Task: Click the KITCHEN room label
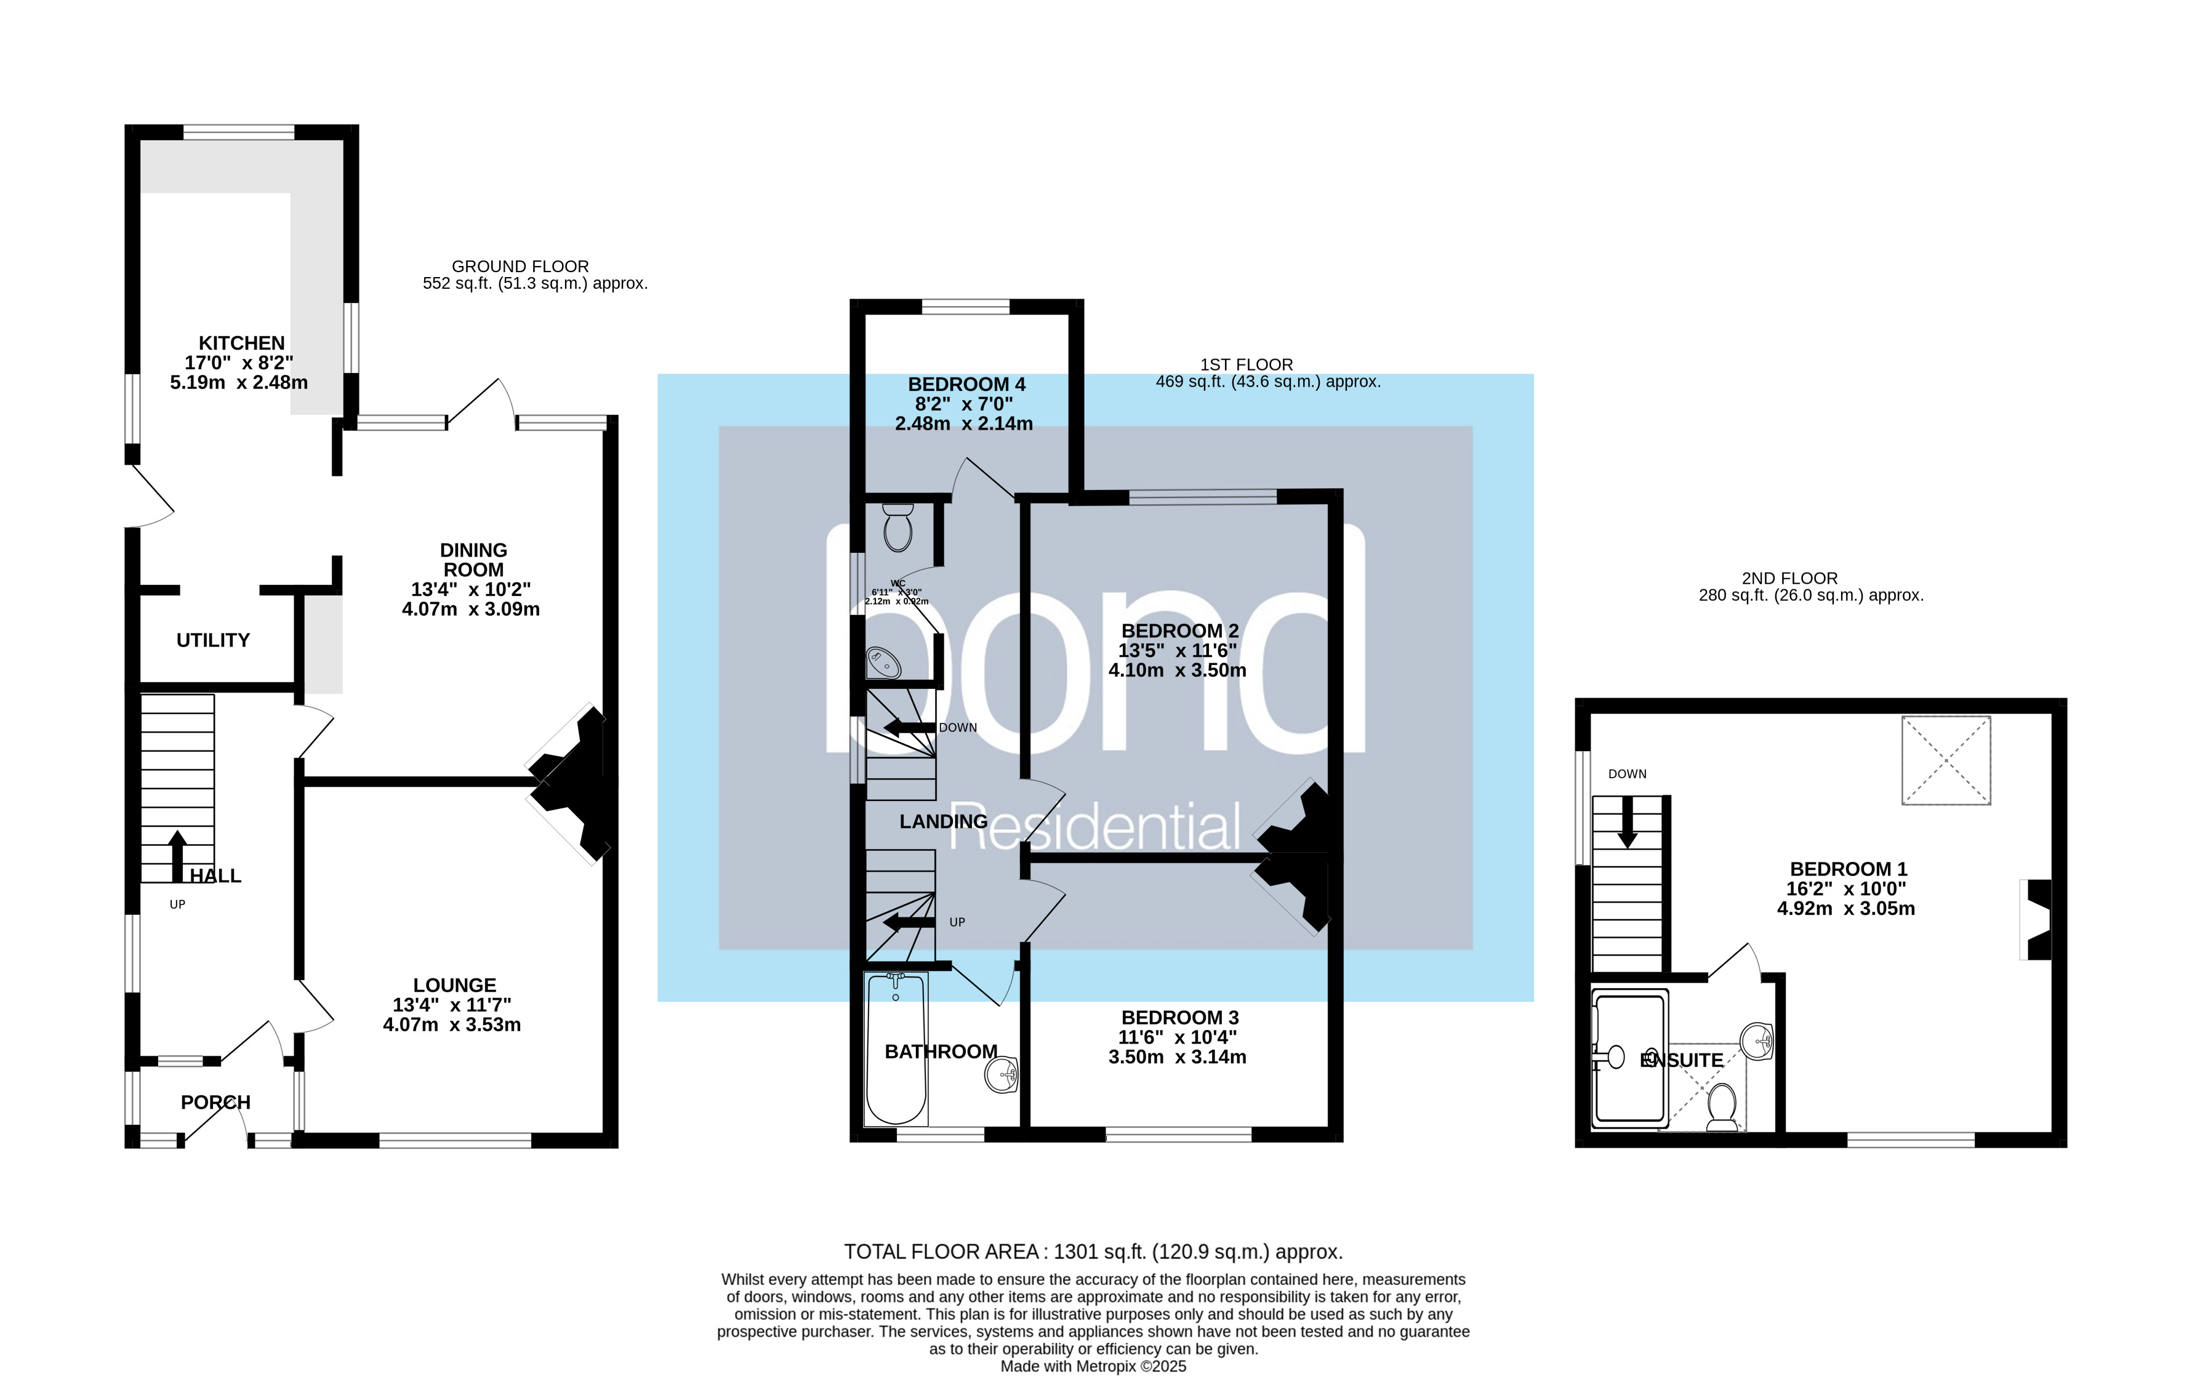pos(241,343)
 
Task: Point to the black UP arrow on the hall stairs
pos(177,855)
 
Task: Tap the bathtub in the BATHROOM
pos(896,1049)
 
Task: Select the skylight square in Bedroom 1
pos(1945,760)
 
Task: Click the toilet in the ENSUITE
pos(1722,1106)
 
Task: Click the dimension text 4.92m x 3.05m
pos(1845,908)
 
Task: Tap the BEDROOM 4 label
pos(966,384)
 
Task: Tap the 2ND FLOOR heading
pos(1789,579)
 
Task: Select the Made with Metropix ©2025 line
pos(1093,1366)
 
